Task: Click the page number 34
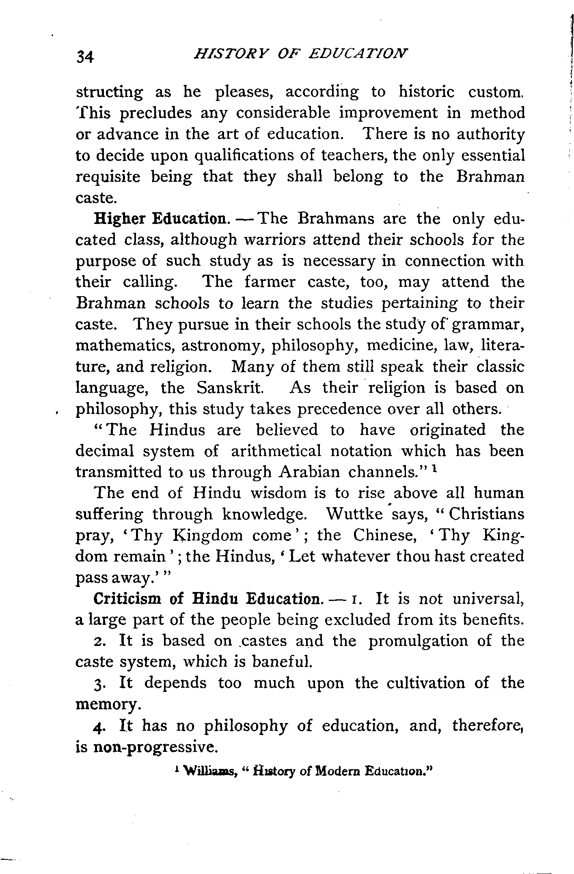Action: (x=85, y=57)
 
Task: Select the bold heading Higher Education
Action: (x=160, y=219)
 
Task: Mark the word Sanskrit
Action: (x=230, y=388)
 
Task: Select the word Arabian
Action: (x=310, y=472)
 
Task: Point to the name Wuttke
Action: (x=354, y=514)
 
